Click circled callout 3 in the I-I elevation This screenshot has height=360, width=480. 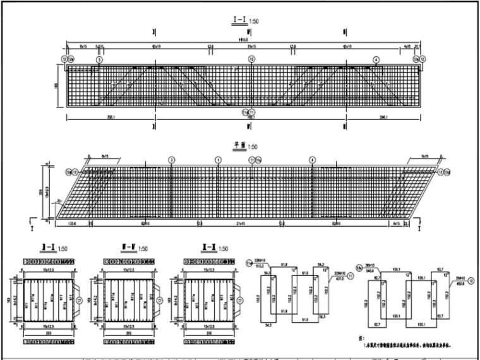click(x=99, y=59)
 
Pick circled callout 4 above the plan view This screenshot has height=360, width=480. click(x=312, y=160)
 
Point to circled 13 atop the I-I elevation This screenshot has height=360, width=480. click(x=252, y=59)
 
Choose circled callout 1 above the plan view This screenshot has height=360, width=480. click(x=218, y=160)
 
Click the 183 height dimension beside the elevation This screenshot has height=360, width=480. click(x=56, y=87)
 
